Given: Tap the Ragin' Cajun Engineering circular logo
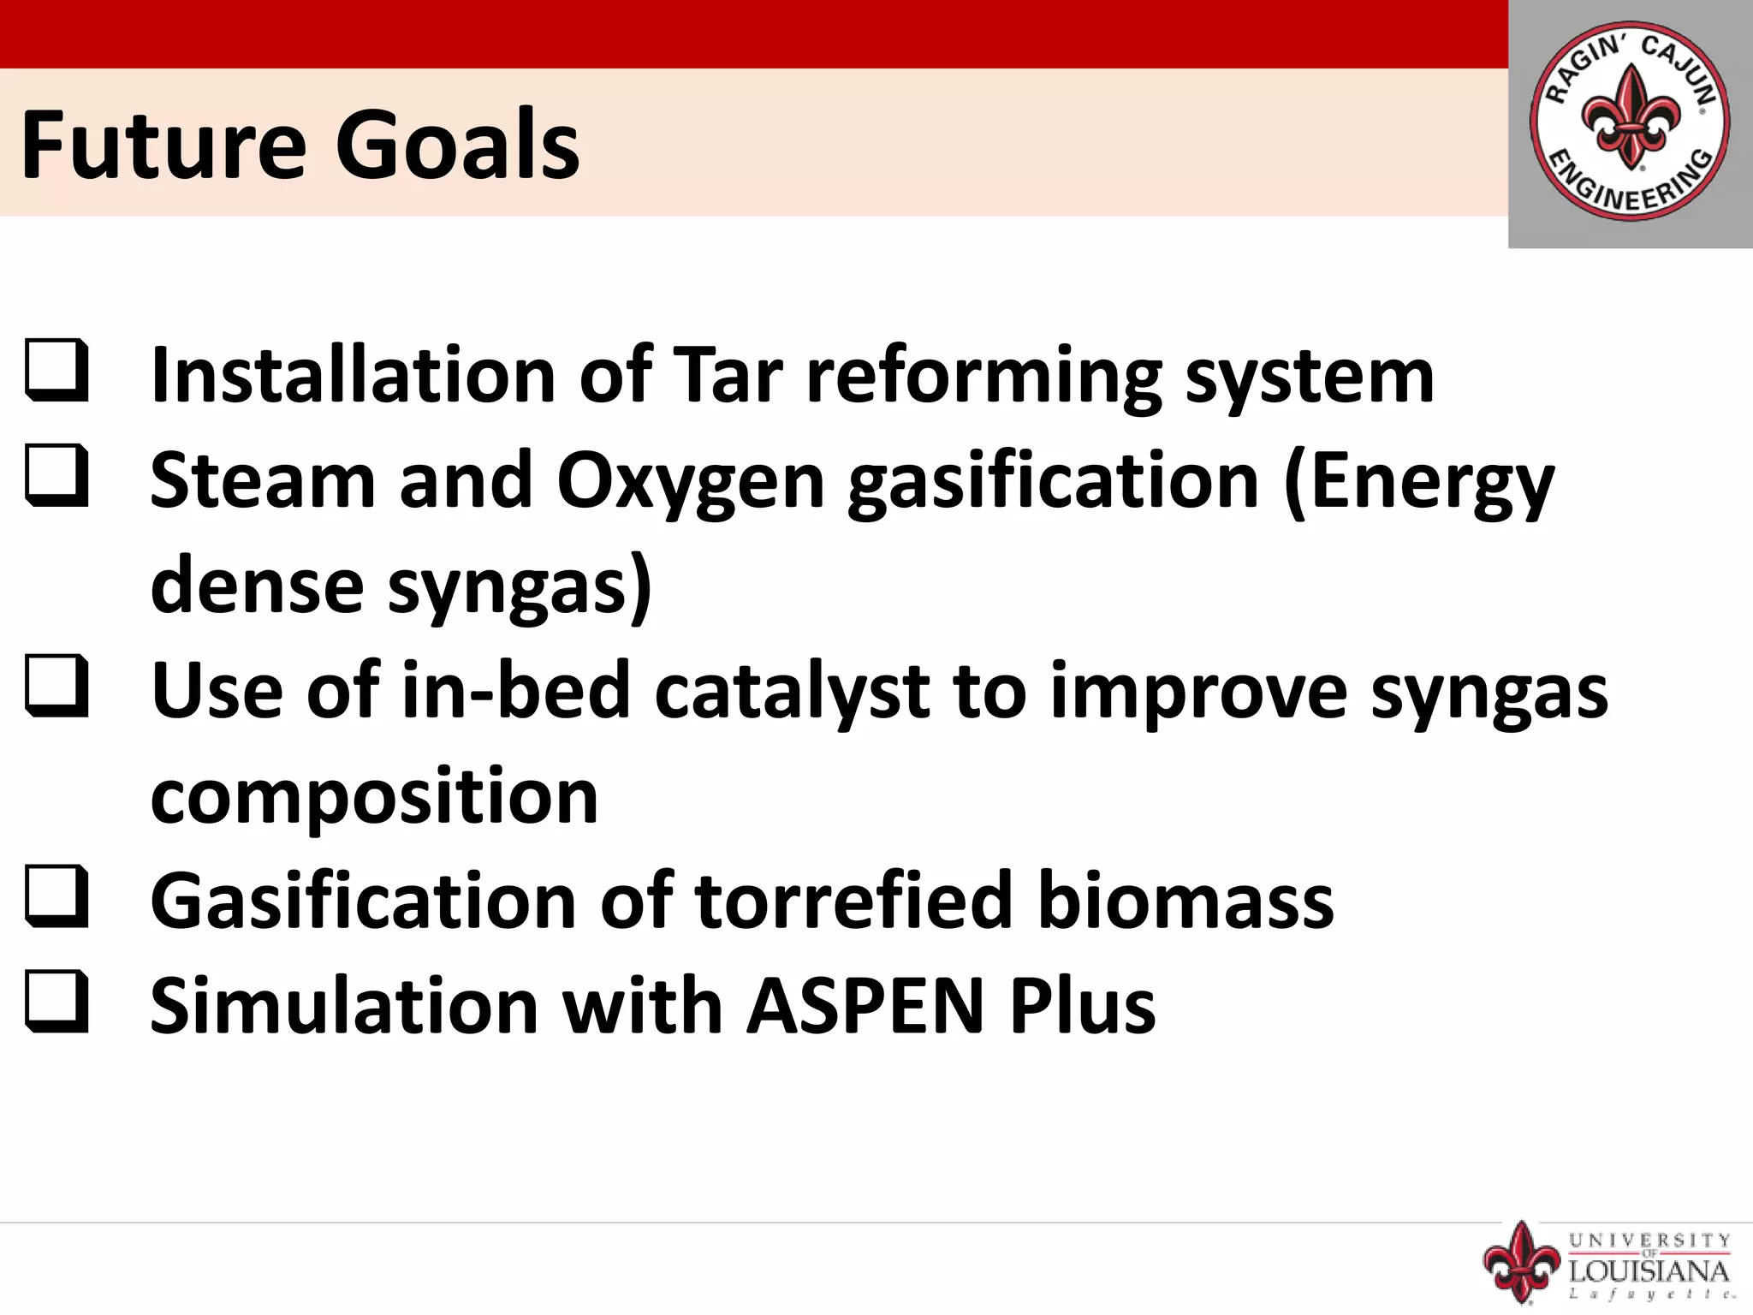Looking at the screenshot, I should click(x=1630, y=122).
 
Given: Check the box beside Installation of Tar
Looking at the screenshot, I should click(x=56, y=370).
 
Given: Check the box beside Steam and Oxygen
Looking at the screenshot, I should click(x=56, y=475).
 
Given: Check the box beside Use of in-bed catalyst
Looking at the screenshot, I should click(x=56, y=685).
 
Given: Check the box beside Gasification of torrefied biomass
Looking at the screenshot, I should click(x=56, y=896).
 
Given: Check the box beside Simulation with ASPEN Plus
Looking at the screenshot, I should click(x=56, y=1001).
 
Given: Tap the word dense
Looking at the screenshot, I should click(x=258, y=586).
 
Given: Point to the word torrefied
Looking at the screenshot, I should click(x=854, y=901).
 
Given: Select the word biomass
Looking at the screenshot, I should click(x=1186, y=901).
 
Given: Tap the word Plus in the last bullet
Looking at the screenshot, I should click(x=1083, y=1006).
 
